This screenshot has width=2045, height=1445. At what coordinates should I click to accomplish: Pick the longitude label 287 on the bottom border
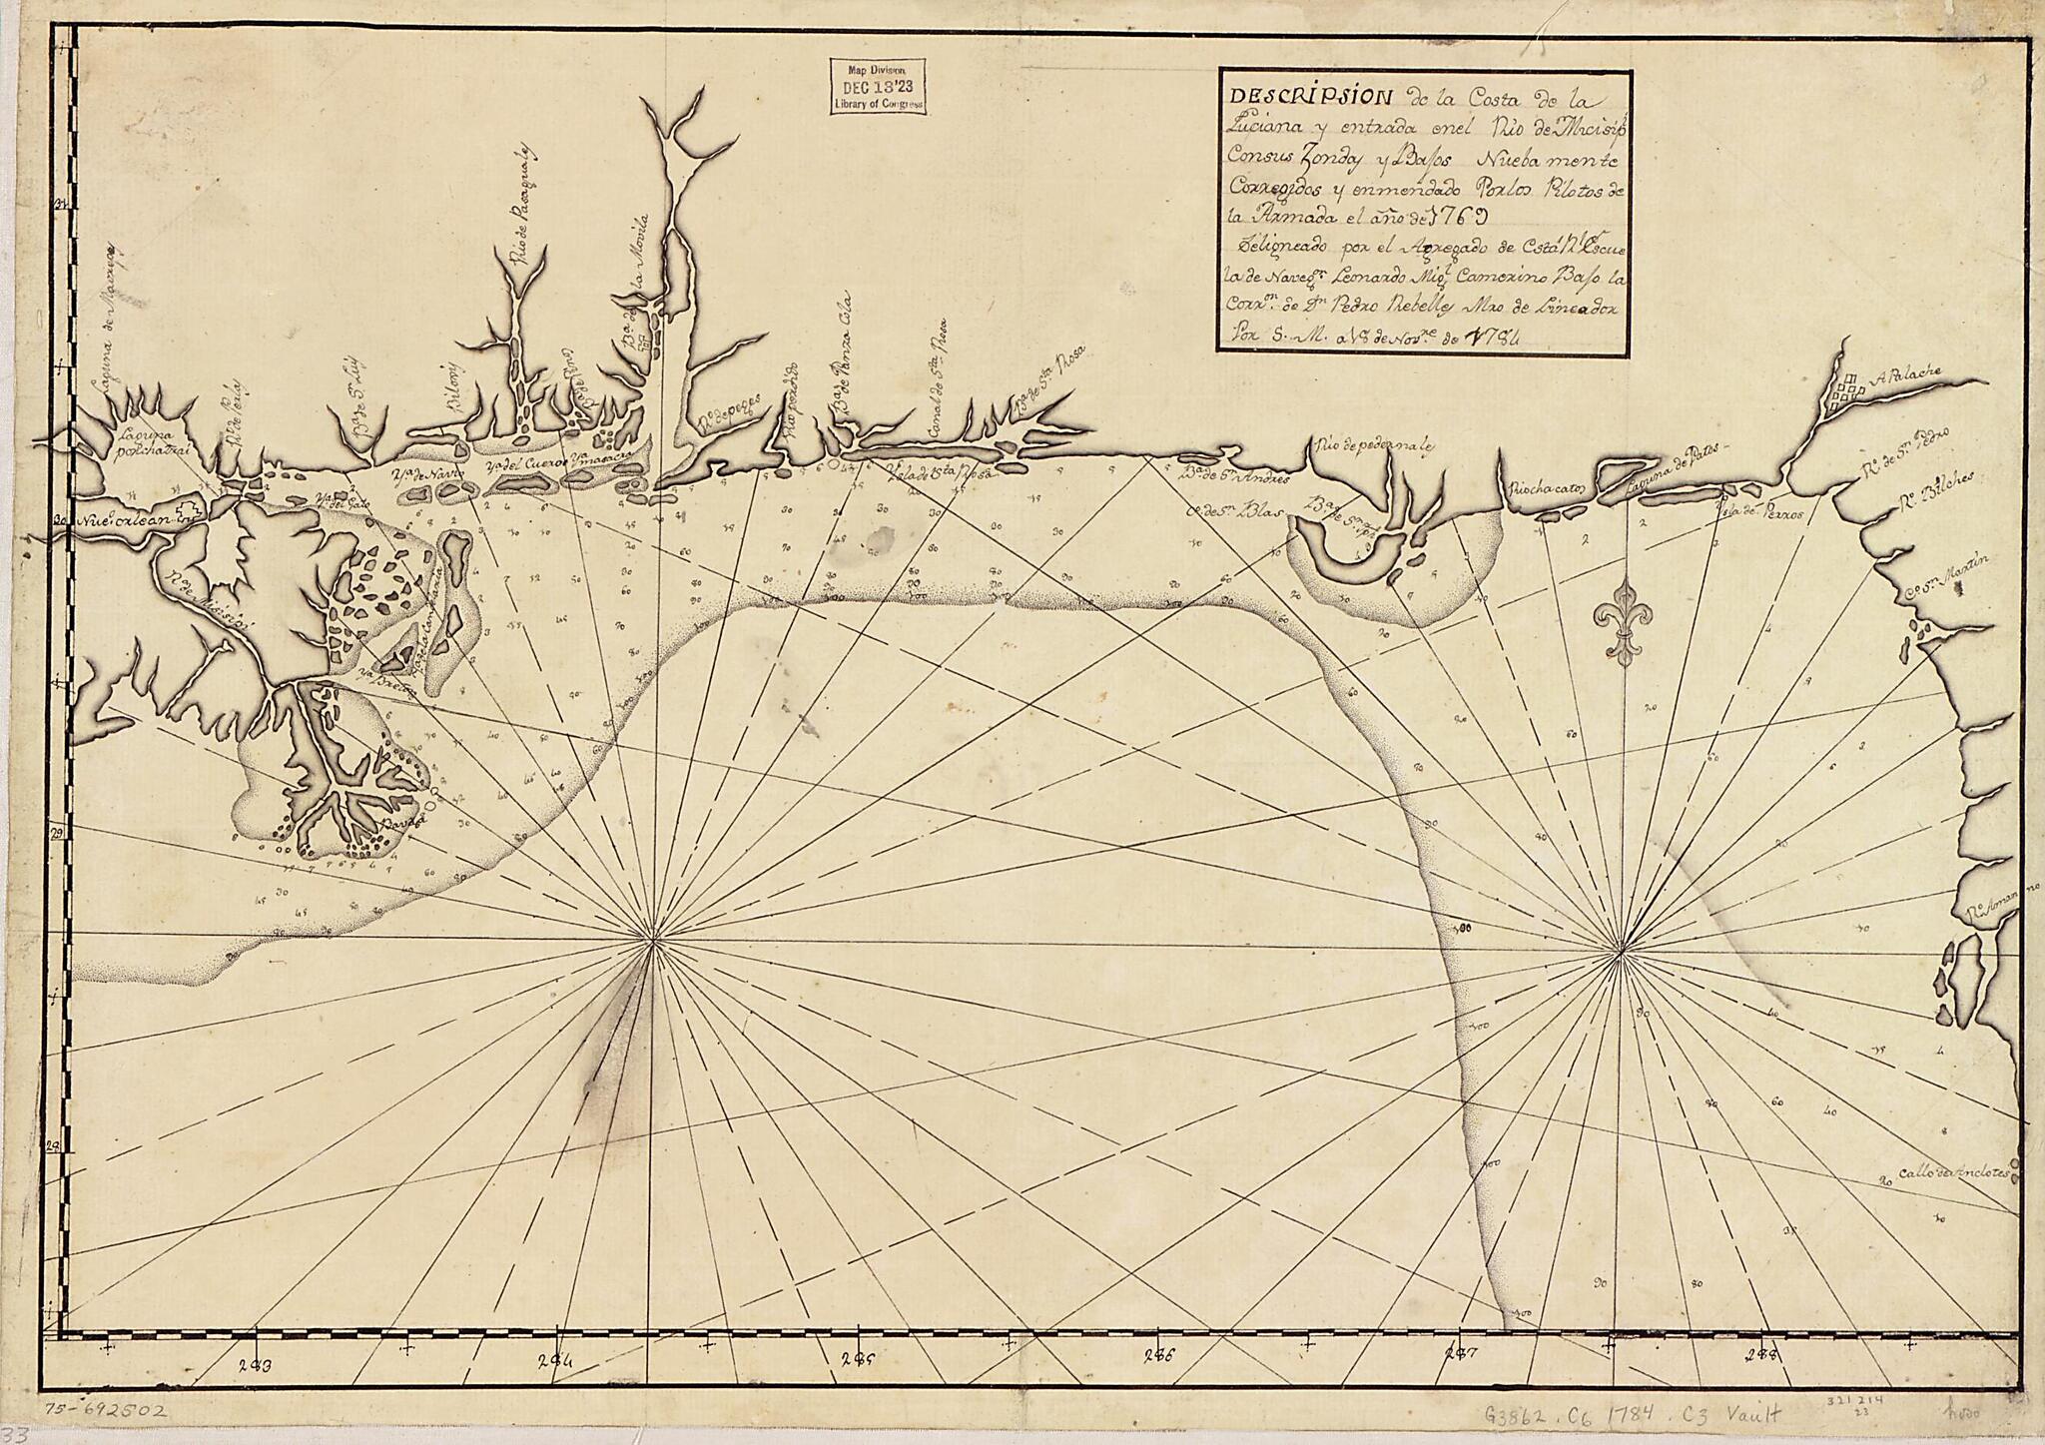point(1461,1359)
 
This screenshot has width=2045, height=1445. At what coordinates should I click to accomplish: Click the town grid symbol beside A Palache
point(1843,390)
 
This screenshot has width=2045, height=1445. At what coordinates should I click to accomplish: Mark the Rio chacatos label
point(1546,491)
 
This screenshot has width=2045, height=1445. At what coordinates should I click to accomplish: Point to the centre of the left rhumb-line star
point(654,941)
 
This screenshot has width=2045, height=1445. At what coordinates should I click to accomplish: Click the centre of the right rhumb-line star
point(1617,945)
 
